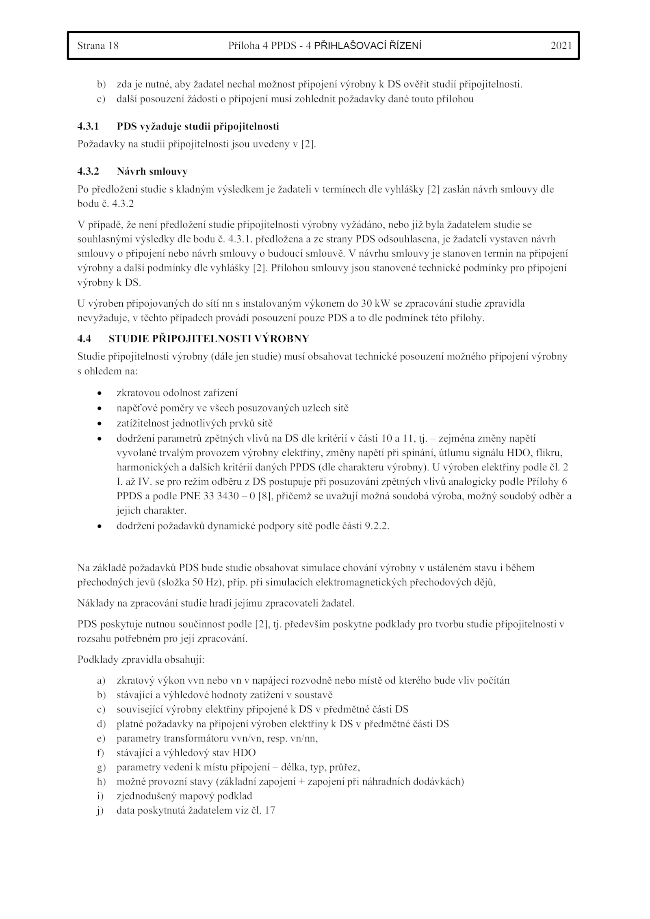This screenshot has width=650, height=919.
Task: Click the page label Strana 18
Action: point(98,46)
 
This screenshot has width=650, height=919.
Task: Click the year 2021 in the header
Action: point(561,46)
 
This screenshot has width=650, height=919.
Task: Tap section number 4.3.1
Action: point(88,126)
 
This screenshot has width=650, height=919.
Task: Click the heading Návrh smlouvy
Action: point(152,171)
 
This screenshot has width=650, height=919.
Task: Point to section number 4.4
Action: point(84,338)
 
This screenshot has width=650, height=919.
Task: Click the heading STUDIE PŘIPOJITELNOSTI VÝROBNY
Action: point(209,338)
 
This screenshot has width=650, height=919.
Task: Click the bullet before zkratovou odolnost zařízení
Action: point(99,393)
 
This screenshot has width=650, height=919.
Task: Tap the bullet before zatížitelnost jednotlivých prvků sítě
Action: point(99,424)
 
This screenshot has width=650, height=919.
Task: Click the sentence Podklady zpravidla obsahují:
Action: point(141,659)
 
